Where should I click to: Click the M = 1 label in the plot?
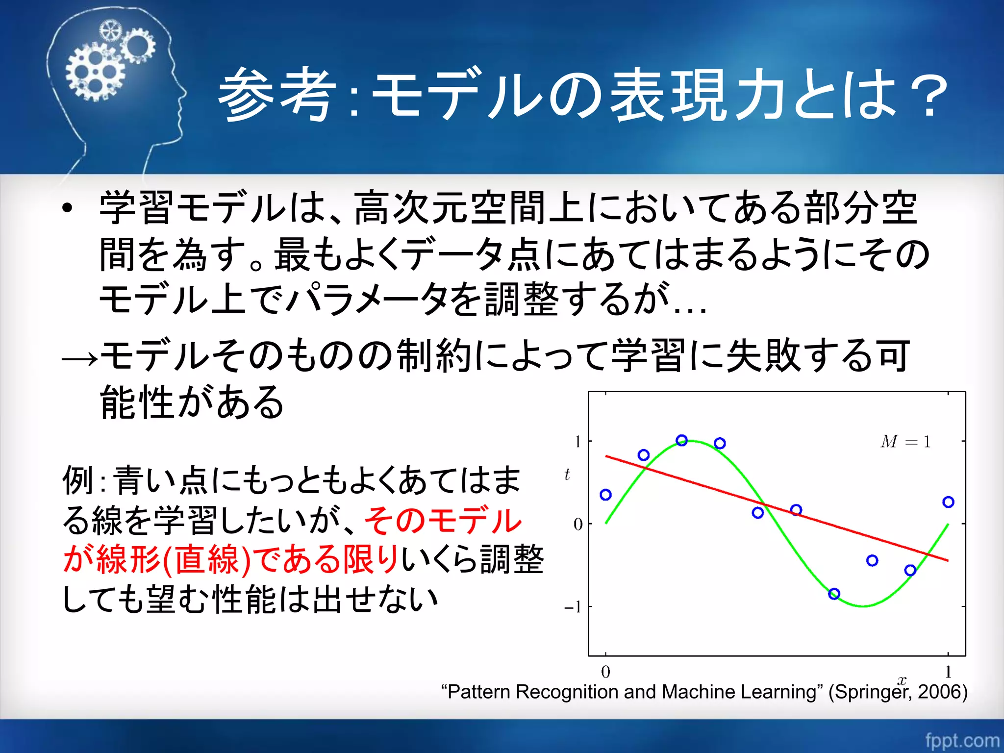[905, 442]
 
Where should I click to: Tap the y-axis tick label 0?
[578, 524]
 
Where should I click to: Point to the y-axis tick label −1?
[573, 607]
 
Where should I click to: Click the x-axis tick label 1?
[948, 671]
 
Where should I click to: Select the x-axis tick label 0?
[605, 671]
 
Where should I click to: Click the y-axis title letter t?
[567, 474]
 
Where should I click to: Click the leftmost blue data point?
[605, 495]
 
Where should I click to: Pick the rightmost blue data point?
[948, 502]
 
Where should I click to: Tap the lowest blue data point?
[834, 594]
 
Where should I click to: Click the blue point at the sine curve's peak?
[681, 440]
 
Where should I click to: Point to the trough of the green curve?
[863, 606]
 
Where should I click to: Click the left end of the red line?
[606, 456]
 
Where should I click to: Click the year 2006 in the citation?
[939, 692]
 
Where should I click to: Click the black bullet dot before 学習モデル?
[68, 208]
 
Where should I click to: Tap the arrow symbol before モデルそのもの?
[80, 359]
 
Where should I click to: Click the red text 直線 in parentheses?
[206, 560]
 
